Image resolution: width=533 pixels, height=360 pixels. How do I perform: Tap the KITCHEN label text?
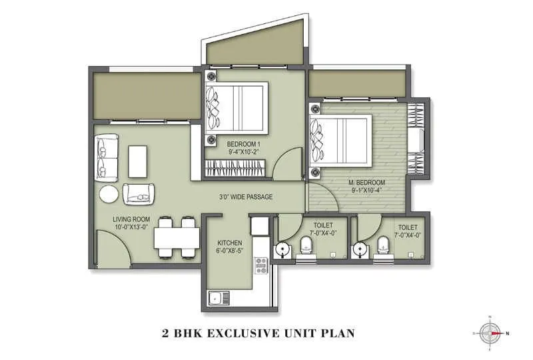pos(230,243)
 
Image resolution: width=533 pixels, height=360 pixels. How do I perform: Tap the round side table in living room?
pos(109,195)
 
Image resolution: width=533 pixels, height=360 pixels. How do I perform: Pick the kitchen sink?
pos(217,298)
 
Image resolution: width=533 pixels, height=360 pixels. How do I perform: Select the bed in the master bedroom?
pos(341,141)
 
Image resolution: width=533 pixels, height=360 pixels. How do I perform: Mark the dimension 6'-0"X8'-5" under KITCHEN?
pos(230,251)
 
